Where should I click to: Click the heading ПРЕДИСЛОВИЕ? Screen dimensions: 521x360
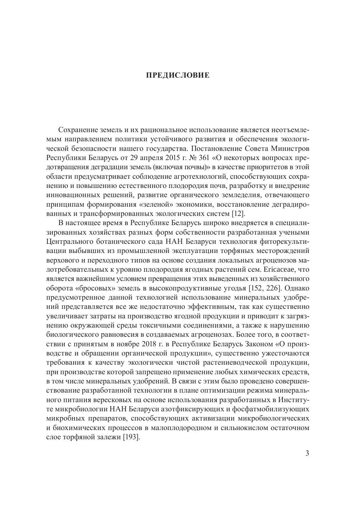[178, 75]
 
